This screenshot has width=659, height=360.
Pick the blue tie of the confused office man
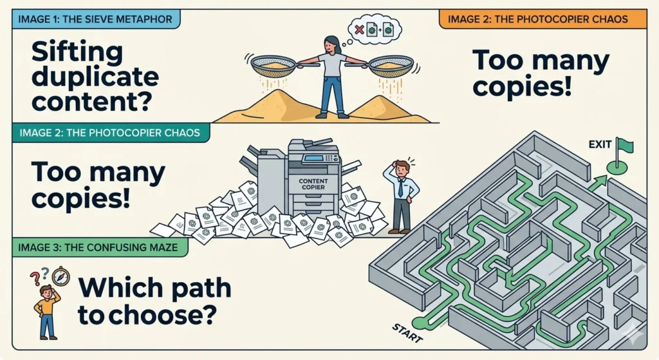point(400,188)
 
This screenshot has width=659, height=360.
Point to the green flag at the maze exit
point(625,146)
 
